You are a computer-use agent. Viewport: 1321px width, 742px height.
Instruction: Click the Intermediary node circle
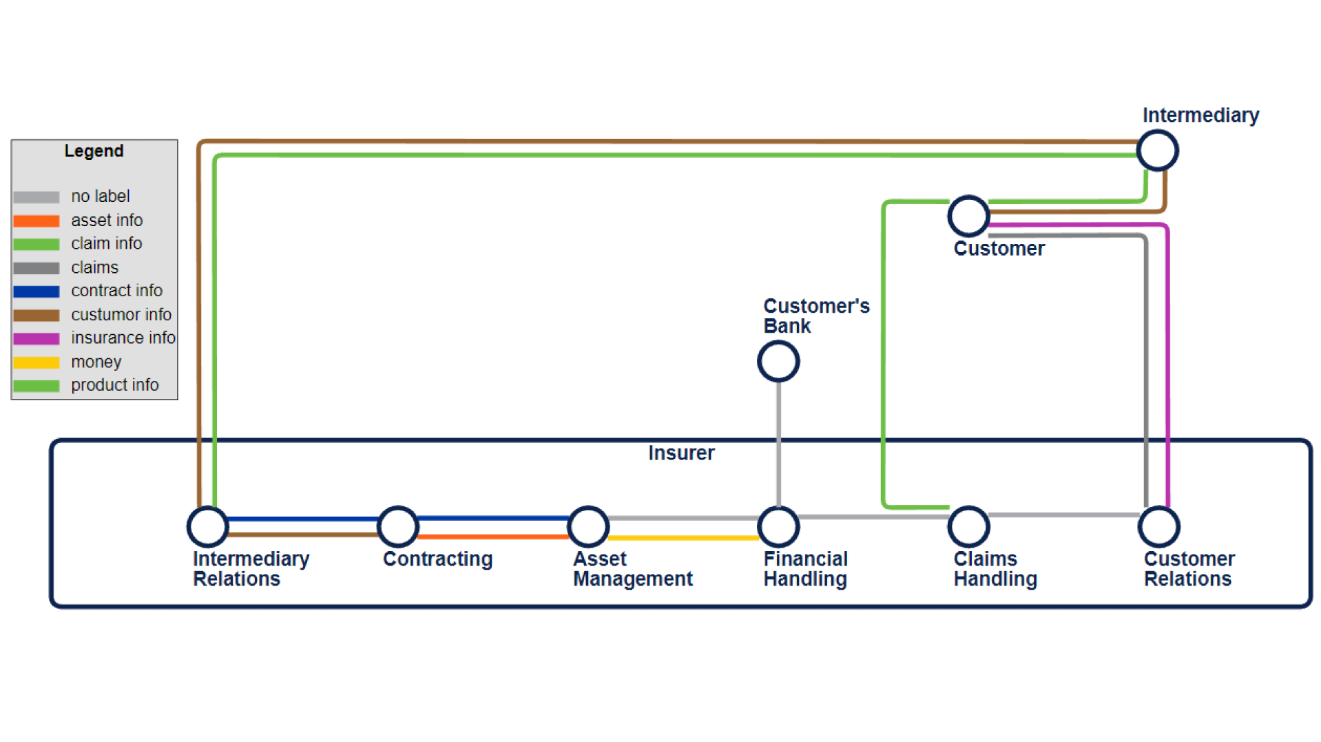tap(1157, 150)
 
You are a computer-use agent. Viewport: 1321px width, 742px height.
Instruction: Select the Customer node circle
tap(968, 216)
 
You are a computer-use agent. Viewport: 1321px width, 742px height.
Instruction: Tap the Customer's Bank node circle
tap(778, 361)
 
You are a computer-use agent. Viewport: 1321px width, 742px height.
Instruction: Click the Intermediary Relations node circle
tap(207, 526)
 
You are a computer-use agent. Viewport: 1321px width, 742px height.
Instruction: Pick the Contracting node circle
tap(398, 526)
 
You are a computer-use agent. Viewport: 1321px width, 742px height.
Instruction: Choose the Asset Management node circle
tap(588, 526)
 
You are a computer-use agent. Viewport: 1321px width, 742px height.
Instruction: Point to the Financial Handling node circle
tap(778, 526)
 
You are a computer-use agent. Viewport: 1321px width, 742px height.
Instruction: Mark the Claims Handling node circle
tap(968, 526)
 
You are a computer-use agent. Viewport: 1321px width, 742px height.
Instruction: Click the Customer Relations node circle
tap(1159, 526)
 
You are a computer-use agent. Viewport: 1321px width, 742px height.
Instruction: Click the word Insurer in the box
tap(681, 453)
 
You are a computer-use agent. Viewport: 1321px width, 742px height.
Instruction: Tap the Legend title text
tap(94, 151)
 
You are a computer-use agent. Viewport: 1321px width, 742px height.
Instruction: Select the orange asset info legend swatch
tap(37, 221)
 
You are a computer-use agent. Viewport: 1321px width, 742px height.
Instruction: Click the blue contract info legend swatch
tap(37, 291)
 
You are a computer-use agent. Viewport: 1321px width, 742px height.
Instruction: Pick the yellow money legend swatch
tap(37, 362)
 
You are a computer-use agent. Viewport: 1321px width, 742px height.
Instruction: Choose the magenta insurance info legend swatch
tap(37, 338)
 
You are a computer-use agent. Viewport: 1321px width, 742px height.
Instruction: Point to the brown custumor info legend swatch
tap(37, 315)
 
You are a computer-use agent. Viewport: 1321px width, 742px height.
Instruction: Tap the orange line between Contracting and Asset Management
tap(493, 536)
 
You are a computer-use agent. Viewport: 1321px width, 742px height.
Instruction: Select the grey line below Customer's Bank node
tap(778, 441)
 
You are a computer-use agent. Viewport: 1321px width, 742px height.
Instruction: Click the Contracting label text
tap(437, 559)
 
